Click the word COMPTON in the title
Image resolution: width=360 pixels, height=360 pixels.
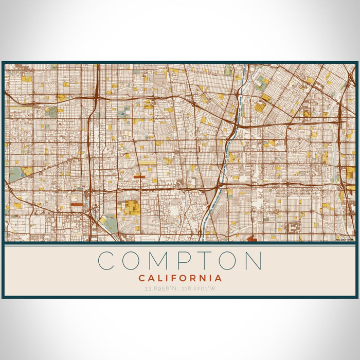tap(180, 261)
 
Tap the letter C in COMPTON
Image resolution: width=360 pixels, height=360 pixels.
tap(107, 261)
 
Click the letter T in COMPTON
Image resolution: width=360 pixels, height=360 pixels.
tap(204, 261)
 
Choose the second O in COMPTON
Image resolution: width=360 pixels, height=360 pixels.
tap(227, 261)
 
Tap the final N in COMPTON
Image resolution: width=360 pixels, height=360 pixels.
tap(253, 261)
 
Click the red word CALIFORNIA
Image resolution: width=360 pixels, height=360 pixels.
tap(180, 278)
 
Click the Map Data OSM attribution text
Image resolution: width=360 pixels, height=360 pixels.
tap(345, 239)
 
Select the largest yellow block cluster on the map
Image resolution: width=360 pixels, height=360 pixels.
tap(131, 208)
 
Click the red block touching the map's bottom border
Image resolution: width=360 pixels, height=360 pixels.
tap(252, 239)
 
